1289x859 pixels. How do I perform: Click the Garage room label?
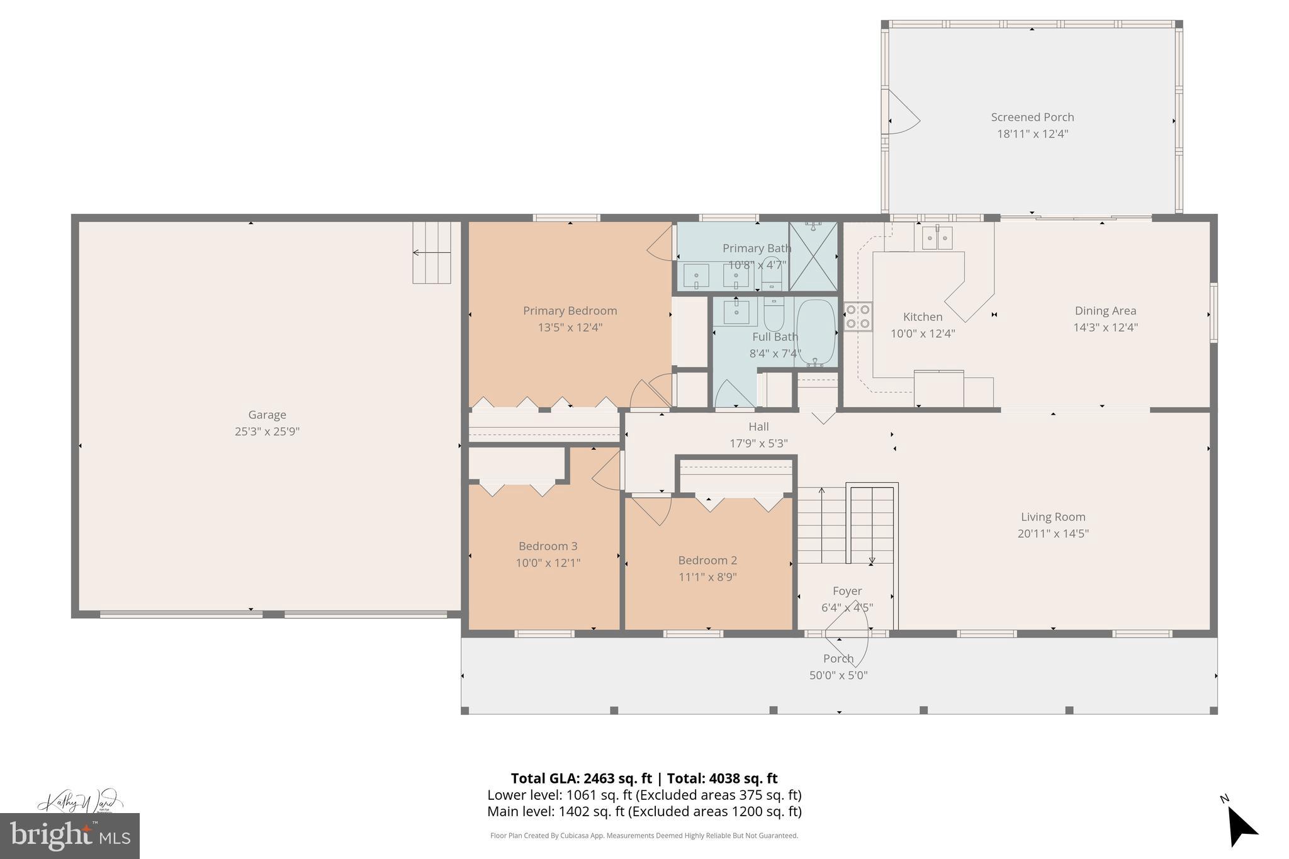[x=267, y=415]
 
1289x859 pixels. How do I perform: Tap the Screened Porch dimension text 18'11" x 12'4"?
[x=1032, y=134]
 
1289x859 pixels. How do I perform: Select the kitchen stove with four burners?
[x=857, y=317]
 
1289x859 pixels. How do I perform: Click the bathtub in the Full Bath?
[x=816, y=332]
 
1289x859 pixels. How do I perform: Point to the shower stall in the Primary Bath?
[x=813, y=256]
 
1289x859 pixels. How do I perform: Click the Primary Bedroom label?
[x=570, y=310]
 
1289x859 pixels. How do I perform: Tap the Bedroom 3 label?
[x=548, y=546]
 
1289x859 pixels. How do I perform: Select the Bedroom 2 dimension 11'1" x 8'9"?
[x=707, y=577]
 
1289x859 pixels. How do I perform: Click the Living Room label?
[x=1053, y=517]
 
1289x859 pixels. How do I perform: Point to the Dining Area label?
[x=1105, y=310]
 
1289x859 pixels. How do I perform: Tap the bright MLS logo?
[x=69, y=836]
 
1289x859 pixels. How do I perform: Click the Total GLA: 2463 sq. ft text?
[x=581, y=778]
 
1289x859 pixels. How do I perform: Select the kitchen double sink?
[x=937, y=238]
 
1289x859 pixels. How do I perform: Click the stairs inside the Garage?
[x=432, y=252]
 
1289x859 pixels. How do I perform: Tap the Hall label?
[x=758, y=427]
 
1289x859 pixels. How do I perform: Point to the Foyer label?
[x=847, y=591]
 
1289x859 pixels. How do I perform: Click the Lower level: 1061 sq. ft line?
[x=644, y=795]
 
